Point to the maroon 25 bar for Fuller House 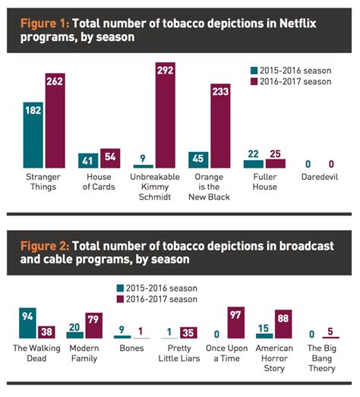tap(274, 162)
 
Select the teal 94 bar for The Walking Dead tap(28, 323)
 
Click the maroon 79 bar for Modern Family tap(93, 326)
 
